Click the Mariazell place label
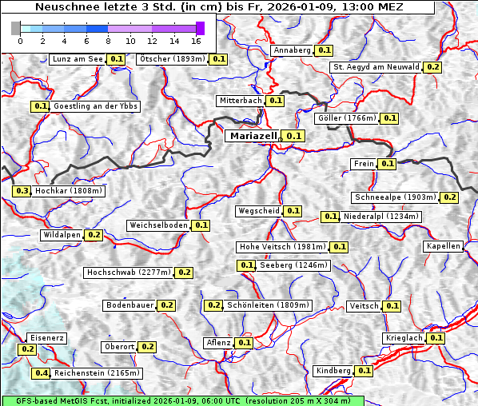coord(252,136)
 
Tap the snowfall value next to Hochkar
coord(22,191)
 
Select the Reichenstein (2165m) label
coord(98,373)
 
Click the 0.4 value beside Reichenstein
coord(41,373)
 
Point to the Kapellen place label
coord(444,246)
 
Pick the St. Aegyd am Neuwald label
coord(376,67)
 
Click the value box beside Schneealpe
coord(449,197)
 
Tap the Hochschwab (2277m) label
coord(129,273)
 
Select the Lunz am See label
coord(77,59)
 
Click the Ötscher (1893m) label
coord(172,59)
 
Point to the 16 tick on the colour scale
coord(196,40)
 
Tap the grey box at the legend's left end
coord(16,28)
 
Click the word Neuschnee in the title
coord(63,7)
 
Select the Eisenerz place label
coord(46,338)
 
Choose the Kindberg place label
coord(333,371)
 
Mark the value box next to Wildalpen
coord(94,235)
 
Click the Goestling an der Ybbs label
coord(95,106)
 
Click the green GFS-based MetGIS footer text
coord(182,400)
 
